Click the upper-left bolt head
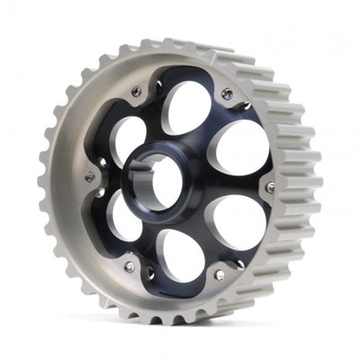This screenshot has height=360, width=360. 136,92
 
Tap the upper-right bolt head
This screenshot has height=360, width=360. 227,94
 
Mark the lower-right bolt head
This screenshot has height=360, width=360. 219,275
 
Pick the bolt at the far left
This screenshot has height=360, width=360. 90,177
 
